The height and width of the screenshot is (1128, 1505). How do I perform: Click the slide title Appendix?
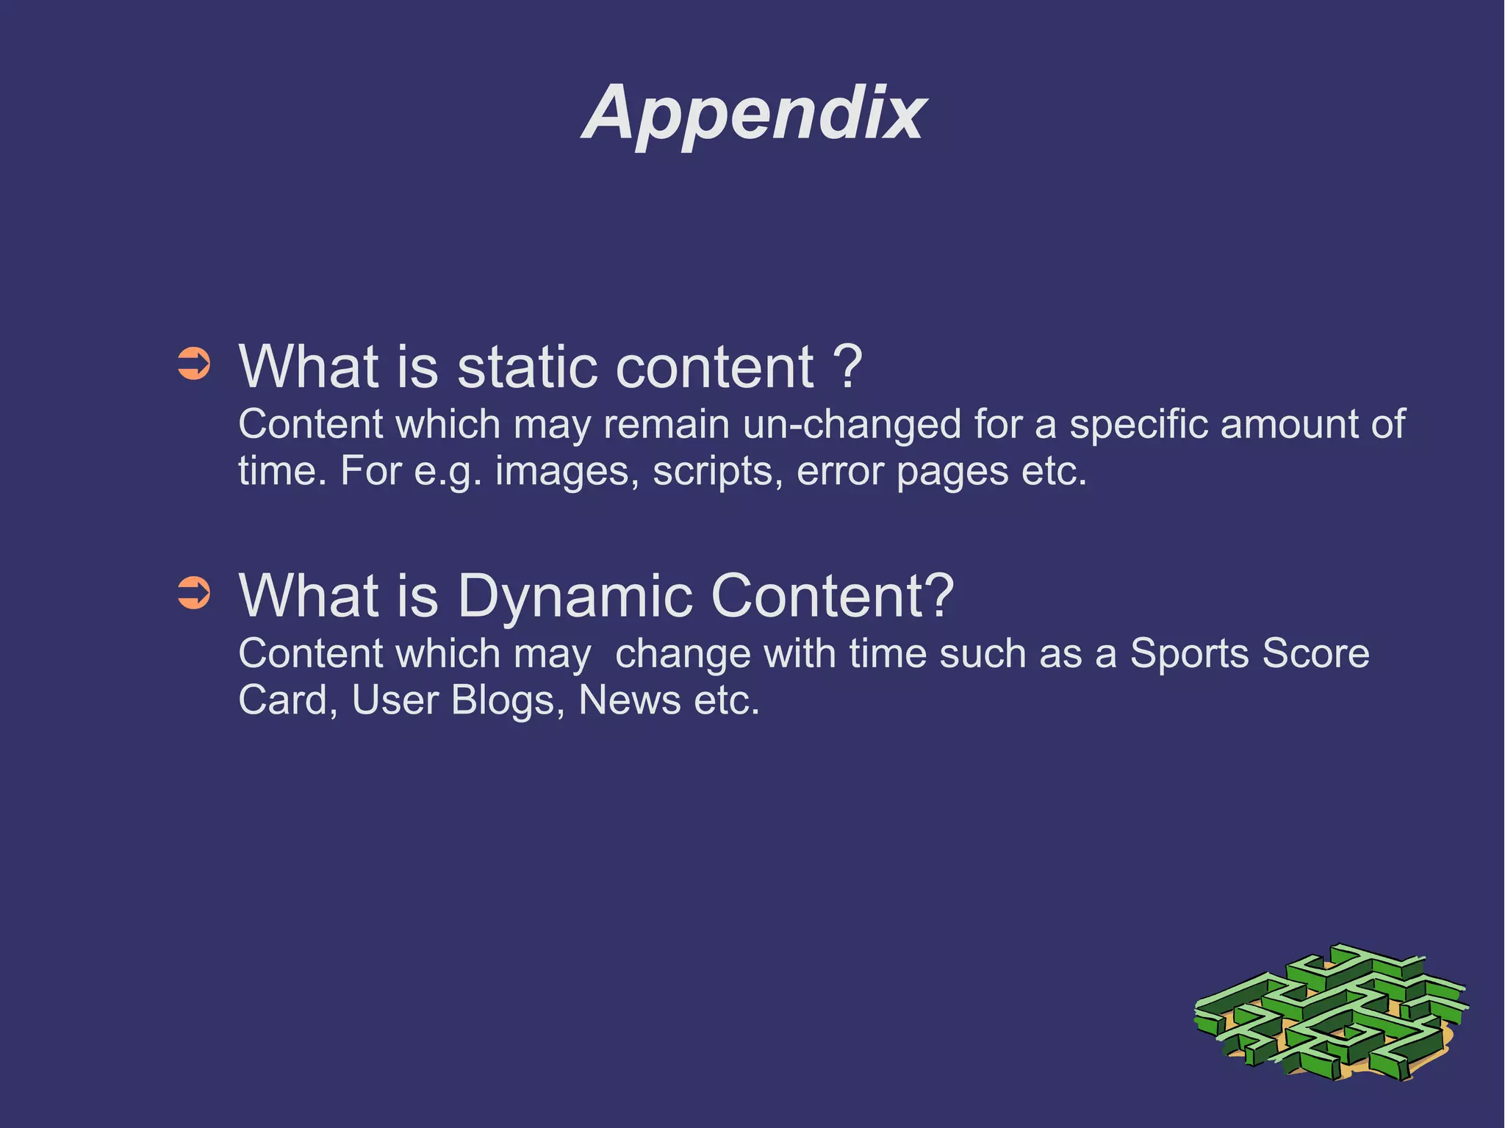pos(754,113)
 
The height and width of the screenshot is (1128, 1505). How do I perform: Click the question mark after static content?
pos(847,367)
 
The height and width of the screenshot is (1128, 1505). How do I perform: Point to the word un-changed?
pos(851,425)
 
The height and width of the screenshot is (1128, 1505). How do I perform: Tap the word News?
pos(630,700)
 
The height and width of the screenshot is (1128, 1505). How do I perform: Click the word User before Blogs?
pos(395,700)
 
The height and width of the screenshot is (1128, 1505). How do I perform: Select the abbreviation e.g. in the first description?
pos(447,472)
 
